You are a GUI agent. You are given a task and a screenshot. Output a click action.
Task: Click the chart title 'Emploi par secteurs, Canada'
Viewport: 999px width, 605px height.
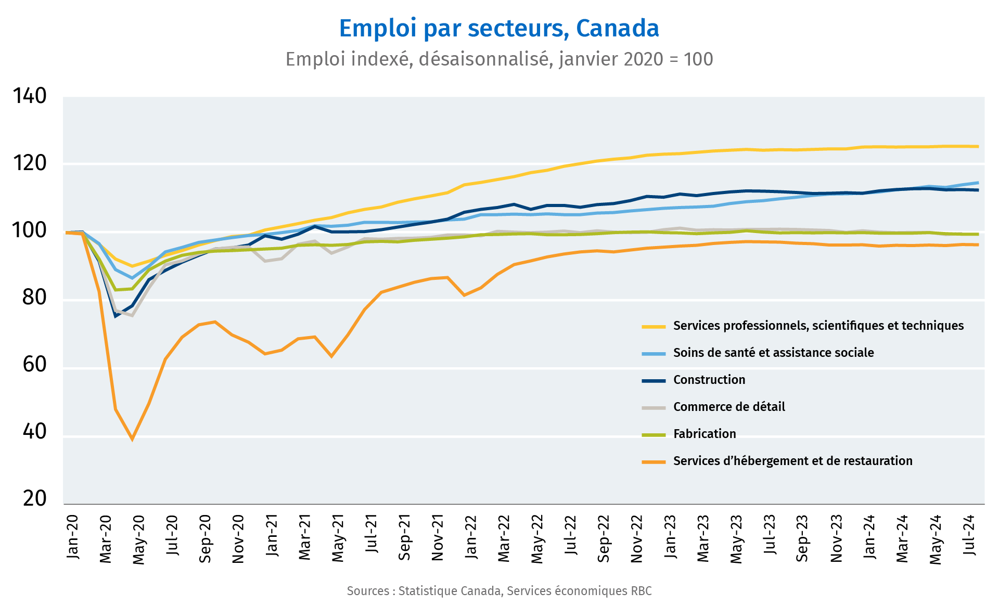499,29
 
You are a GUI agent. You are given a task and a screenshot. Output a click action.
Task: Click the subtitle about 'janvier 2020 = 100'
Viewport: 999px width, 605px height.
499,59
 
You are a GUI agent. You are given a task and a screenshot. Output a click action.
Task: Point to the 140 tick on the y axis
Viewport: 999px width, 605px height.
30,96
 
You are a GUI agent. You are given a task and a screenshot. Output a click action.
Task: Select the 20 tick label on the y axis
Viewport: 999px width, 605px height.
35,498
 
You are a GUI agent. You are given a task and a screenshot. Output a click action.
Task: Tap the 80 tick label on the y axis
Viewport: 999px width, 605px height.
35,297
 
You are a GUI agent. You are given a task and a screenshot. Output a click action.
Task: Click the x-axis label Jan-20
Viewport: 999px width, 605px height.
73,536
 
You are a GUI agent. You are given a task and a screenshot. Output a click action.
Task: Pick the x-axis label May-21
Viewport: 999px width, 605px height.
338,538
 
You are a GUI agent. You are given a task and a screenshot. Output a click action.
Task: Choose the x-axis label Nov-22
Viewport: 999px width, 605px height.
637,538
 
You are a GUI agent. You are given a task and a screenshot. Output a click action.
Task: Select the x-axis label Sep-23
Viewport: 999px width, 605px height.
803,538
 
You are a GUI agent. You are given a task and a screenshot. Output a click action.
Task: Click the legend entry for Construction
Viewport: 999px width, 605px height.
709,380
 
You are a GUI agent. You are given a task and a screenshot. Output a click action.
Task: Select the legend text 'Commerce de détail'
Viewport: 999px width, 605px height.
729,407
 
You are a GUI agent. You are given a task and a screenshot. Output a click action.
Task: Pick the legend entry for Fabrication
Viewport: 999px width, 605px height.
705,434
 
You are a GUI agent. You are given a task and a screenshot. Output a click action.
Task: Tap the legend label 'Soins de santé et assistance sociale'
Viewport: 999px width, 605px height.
773,353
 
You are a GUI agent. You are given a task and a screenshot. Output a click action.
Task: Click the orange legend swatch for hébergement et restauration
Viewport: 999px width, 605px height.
654,461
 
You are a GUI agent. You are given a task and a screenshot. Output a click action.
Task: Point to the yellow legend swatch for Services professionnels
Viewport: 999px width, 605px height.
654,326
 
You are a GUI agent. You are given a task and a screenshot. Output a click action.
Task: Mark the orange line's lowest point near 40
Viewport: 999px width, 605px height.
132,439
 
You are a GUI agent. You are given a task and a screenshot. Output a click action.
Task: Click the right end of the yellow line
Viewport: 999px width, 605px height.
978,146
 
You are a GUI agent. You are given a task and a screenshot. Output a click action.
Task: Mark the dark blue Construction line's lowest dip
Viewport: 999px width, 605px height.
116,316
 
